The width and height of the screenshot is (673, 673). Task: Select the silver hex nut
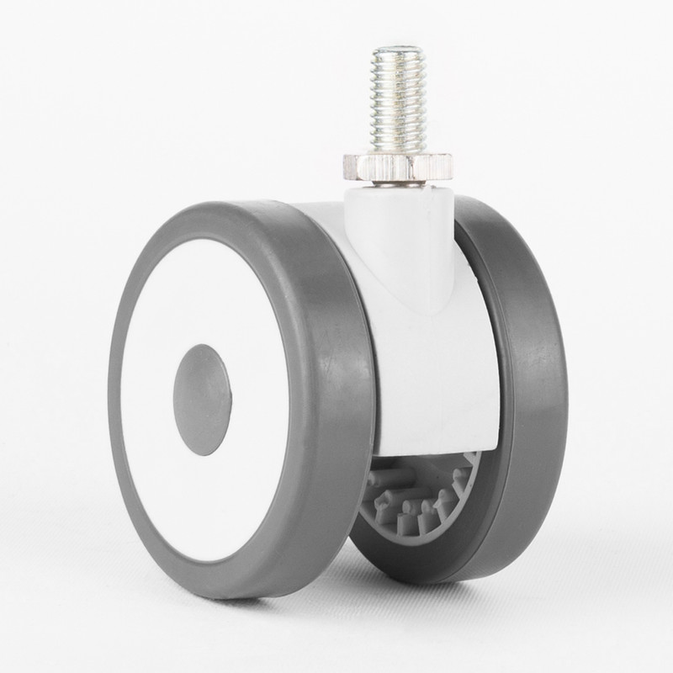click(x=384, y=167)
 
